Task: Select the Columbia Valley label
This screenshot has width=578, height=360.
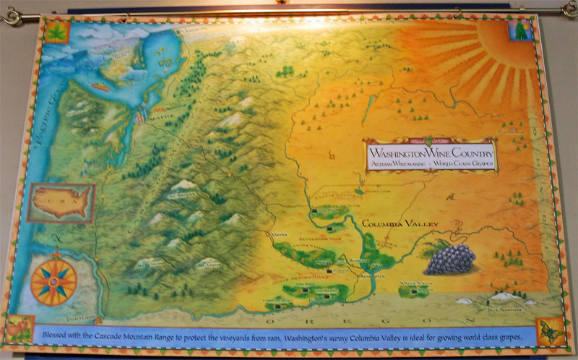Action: coord(400,224)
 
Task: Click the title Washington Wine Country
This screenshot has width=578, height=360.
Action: coord(431,153)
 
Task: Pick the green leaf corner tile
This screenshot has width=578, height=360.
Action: coord(56,33)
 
